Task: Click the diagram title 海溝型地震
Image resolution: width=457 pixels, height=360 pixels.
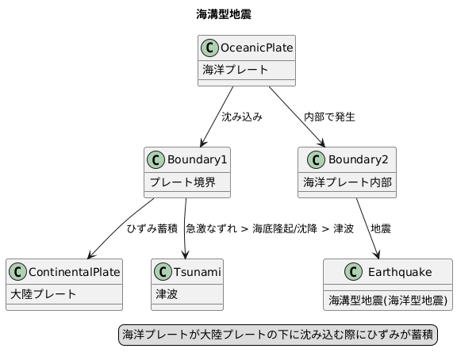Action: point(224,14)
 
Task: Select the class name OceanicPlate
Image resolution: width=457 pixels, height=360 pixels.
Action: point(256,49)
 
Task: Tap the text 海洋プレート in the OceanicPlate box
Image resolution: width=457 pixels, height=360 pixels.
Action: point(235,70)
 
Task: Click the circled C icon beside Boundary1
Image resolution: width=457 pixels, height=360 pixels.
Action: point(157,160)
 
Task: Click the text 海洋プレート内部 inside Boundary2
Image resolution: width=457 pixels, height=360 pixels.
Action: point(348,182)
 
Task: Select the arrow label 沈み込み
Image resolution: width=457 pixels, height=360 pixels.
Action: point(241,117)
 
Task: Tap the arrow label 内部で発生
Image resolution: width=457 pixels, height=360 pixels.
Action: point(329,117)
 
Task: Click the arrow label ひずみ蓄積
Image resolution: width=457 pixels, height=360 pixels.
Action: point(152,228)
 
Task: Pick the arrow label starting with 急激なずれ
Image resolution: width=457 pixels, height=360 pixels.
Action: point(269,228)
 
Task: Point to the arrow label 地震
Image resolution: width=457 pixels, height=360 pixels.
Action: point(381,228)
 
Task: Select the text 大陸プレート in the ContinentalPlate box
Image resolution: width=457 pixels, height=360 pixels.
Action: point(44,293)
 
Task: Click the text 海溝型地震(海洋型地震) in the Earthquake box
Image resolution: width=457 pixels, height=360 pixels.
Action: point(388,301)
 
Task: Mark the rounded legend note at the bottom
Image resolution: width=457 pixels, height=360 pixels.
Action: point(278,335)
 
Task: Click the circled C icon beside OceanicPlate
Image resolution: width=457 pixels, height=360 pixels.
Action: point(210,49)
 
